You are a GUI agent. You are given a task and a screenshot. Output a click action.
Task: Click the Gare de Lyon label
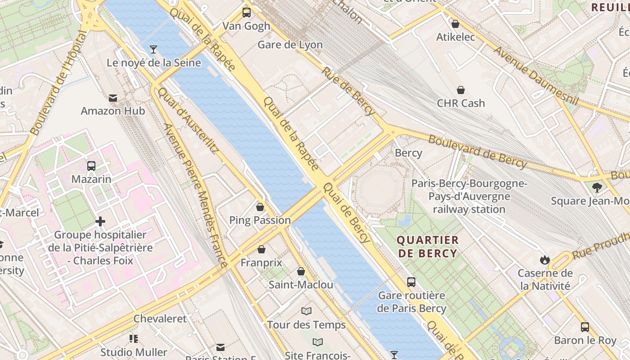[290, 45]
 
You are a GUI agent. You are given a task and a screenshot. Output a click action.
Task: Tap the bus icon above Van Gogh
[247, 13]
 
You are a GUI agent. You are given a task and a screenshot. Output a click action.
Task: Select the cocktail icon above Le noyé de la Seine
[153, 49]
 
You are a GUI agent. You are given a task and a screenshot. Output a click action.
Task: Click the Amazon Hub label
[112, 111]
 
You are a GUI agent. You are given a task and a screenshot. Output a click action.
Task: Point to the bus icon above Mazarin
[91, 166]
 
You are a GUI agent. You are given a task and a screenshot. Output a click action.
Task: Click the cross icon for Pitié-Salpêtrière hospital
[100, 221]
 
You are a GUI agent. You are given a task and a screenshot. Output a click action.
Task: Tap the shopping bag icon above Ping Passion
[260, 207]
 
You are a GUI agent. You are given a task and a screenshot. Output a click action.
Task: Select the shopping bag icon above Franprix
[261, 249]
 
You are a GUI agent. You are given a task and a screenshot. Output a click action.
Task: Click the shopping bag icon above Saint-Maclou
[301, 271]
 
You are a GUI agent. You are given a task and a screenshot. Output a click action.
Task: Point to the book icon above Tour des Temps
[306, 311]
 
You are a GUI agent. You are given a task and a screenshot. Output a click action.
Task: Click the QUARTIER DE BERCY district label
[427, 247]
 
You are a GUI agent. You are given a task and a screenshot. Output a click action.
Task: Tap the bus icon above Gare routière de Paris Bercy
[411, 282]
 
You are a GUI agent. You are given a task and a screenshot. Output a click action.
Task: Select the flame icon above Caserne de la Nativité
[545, 260]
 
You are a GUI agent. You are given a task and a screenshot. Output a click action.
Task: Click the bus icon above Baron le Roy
[585, 327]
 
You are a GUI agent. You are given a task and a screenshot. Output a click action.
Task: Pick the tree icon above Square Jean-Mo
[597, 187]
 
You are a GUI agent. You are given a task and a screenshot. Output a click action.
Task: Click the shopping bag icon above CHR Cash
[461, 90]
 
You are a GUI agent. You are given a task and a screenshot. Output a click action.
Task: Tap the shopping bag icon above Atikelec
[455, 24]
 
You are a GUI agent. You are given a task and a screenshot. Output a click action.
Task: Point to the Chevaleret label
[160, 319]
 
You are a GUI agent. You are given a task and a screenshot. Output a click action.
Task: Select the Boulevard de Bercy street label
[477, 152]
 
